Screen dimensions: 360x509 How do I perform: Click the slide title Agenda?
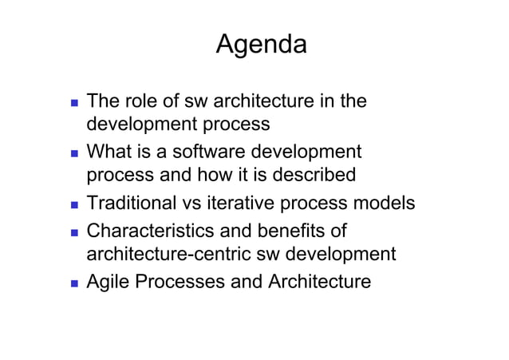[x=261, y=45]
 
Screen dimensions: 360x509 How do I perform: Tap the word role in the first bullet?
[x=143, y=101]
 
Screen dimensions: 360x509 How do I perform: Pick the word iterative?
[x=245, y=204]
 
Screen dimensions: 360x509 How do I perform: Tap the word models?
[x=385, y=204]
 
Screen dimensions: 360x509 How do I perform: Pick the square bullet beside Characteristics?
[x=73, y=233]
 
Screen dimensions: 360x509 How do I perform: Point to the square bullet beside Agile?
[x=73, y=283]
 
